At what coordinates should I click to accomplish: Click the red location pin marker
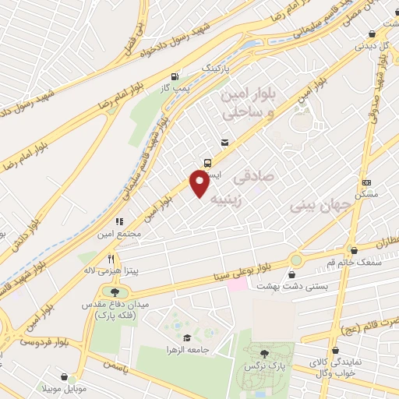[x=200, y=184]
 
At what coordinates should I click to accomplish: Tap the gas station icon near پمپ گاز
[x=174, y=76]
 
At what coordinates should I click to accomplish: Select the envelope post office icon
[x=224, y=143]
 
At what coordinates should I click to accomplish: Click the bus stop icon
[x=207, y=163]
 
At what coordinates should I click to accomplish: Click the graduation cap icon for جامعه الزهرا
[x=186, y=337]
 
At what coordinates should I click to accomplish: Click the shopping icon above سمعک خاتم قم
[x=355, y=251]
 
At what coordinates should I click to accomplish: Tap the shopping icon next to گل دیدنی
[x=373, y=34]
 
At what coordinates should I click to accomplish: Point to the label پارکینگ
[x=216, y=69]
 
